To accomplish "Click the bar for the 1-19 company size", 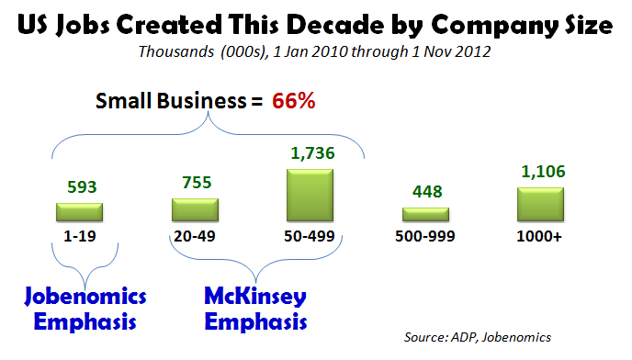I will click(78, 212).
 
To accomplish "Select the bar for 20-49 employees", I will click(194, 209).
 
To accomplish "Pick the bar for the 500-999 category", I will click(426, 214).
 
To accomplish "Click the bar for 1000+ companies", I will click(541, 204).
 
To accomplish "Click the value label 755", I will click(194, 181).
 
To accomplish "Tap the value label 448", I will click(426, 192).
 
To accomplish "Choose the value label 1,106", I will click(541, 171).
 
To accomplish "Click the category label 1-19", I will click(78, 236).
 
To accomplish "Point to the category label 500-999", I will click(426, 236).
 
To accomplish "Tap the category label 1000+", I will click(541, 236).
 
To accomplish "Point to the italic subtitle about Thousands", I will click(316, 51).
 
